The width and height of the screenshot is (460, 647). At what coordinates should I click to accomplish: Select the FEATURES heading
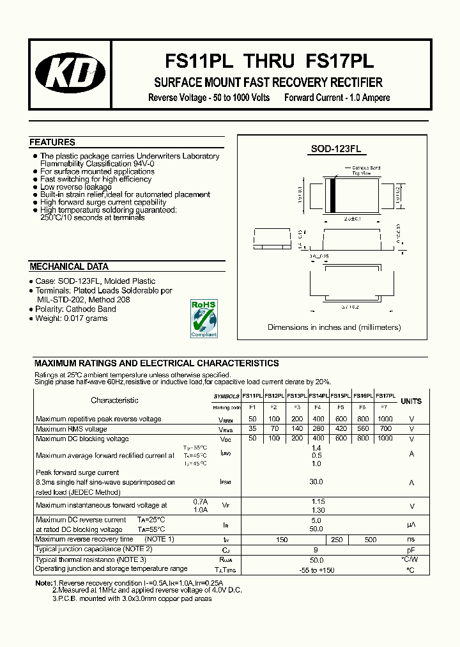tap(52, 143)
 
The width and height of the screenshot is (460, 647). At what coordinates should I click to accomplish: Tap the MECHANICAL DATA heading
tap(69, 267)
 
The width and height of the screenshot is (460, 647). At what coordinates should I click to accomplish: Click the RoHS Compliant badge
tap(204, 318)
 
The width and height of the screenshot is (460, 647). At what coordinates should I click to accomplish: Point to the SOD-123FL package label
tap(335, 149)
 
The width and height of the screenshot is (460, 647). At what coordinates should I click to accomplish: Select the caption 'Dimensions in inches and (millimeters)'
tap(334, 327)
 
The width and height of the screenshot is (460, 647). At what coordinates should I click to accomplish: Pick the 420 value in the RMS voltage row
tap(341, 429)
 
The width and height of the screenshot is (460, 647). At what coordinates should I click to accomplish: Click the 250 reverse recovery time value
tap(337, 540)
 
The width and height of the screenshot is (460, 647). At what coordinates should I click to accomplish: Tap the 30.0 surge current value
tap(316, 482)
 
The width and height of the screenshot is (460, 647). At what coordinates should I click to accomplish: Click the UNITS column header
tap(411, 401)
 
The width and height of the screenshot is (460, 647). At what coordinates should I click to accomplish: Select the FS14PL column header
tap(318, 396)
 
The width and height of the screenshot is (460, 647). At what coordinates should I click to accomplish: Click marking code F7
tap(384, 407)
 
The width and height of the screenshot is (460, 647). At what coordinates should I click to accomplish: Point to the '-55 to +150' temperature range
tap(316, 569)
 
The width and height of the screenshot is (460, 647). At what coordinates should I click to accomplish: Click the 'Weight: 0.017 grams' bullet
tap(71, 318)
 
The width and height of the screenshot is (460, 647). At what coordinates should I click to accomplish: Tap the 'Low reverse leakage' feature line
tap(75, 187)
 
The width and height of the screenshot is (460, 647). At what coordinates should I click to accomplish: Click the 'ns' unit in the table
tap(411, 540)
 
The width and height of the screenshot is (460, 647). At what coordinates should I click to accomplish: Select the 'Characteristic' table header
tap(114, 400)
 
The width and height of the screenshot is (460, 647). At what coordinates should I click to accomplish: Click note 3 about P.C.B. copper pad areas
tap(132, 598)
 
